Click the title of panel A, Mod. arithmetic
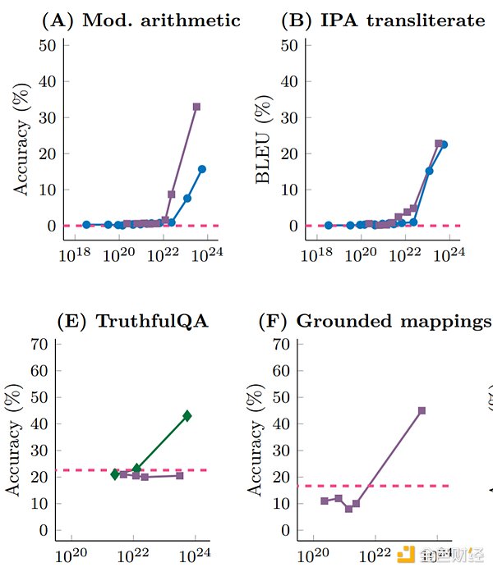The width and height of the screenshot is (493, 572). coord(141,21)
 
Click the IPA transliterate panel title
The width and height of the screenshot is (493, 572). coord(383,21)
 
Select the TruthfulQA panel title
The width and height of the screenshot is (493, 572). coord(132,321)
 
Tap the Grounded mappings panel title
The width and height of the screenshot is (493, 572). coord(375,321)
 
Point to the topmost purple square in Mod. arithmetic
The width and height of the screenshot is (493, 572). coord(196,107)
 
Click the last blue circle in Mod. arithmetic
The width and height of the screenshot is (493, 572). coord(202,169)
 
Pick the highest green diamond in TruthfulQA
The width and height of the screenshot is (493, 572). coord(187,416)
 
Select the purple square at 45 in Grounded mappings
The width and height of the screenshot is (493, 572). coord(422,410)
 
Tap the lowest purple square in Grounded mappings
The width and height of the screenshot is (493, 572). coord(348,509)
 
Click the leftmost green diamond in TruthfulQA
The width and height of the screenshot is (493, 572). coord(116,474)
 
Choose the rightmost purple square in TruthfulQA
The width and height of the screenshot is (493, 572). coord(179,475)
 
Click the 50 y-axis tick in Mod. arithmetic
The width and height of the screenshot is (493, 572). coord(48,45)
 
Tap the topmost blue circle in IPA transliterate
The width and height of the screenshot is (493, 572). coord(445,144)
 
